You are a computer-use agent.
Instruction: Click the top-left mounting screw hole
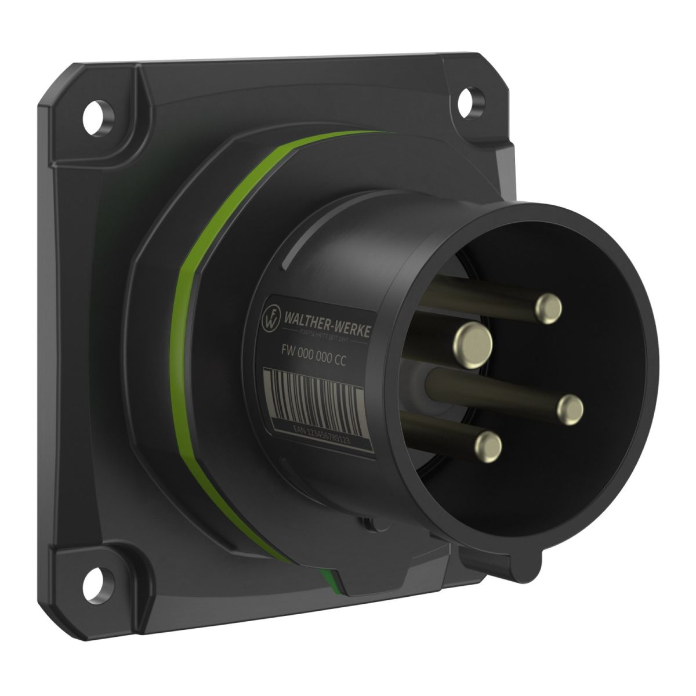point(95,110)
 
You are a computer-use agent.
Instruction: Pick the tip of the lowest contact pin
point(488,445)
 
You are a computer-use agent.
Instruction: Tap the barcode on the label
point(313,398)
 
